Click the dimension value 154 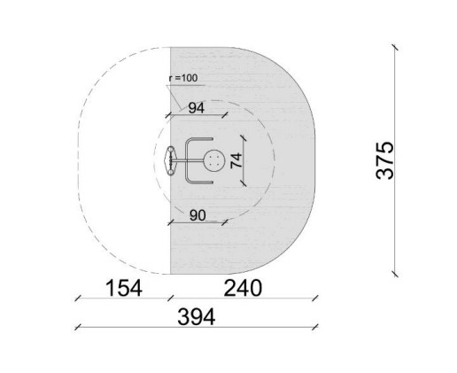pos(124,288)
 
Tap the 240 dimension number pos(243,288)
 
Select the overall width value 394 pos(197,316)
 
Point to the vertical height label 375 pos(385,160)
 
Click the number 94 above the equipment pos(197,108)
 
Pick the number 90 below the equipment pos(198,215)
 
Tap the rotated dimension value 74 pos(236,160)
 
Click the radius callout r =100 pos(183,78)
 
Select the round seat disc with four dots pos(214,160)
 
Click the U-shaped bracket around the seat pos(186,160)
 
